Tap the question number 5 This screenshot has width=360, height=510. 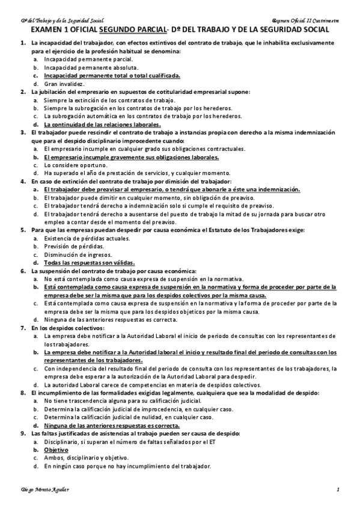pyautogui.click(x=23, y=230)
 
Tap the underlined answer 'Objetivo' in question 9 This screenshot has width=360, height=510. pyautogui.click(x=56, y=449)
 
